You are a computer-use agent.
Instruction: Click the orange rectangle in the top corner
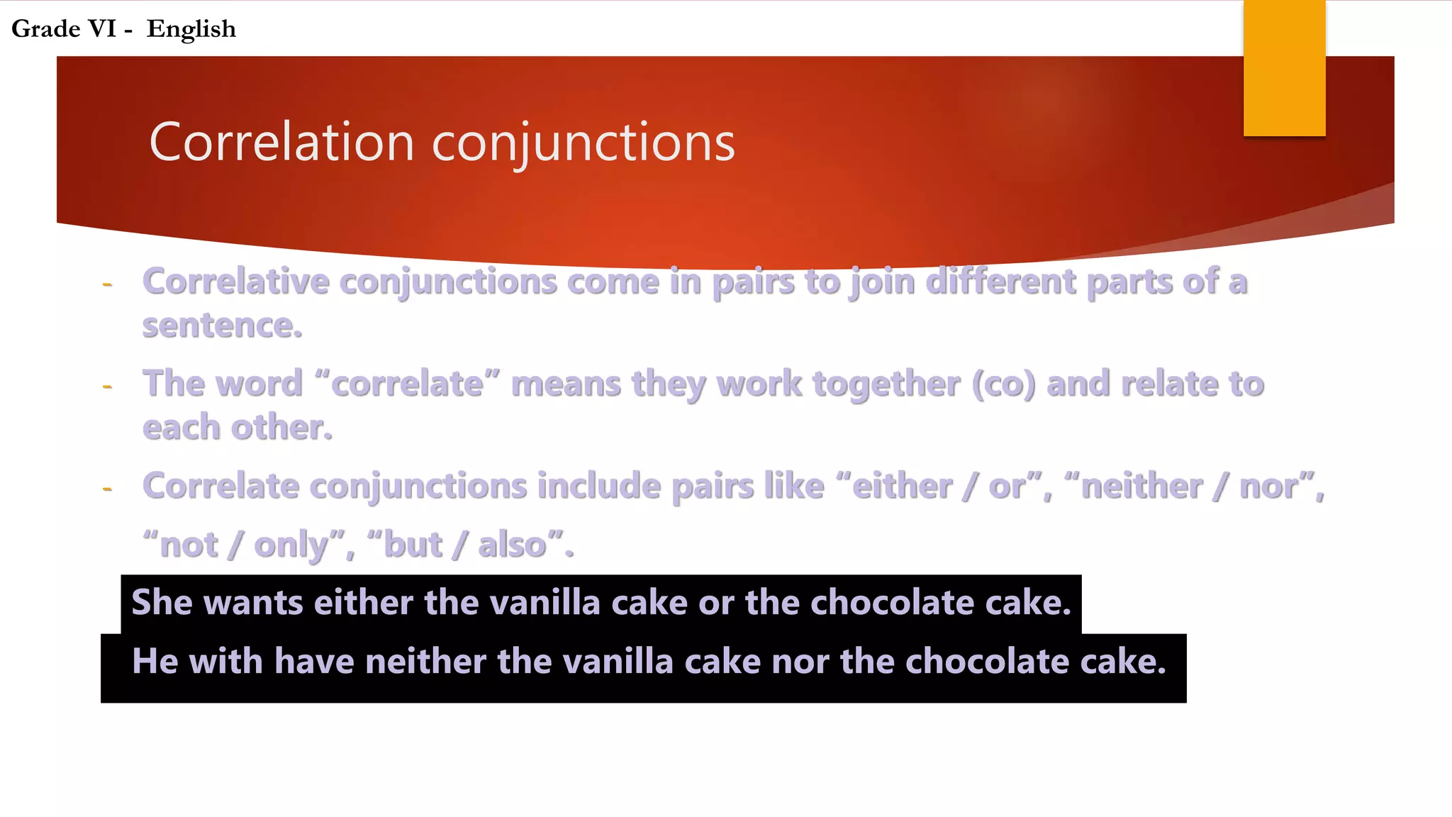click(x=1284, y=68)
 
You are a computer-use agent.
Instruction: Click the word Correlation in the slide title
click(x=281, y=143)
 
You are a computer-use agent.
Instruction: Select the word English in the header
click(x=191, y=29)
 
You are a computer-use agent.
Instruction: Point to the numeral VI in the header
click(x=101, y=29)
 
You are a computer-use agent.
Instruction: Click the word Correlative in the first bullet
click(x=235, y=282)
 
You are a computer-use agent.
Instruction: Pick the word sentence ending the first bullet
click(x=221, y=326)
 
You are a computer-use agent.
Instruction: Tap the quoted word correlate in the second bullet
click(x=407, y=384)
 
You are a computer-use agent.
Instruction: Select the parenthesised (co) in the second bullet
click(x=1003, y=384)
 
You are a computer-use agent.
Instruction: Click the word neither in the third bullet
click(x=1142, y=487)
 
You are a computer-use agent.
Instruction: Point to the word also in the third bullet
click(x=512, y=545)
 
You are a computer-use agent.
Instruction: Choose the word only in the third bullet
click(x=291, y=545)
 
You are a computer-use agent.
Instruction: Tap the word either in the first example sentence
click(x=363, y=603)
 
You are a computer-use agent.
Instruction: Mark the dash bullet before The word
click(x=108, y=387)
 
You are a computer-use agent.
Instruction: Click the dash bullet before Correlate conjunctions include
click(x=108, y=489)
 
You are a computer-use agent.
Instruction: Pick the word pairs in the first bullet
click(x=753, y=282)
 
